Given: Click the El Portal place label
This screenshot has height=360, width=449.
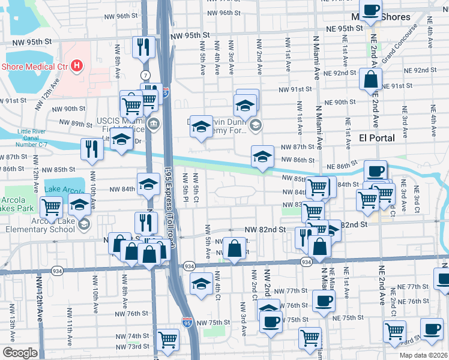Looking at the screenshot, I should coord(376,138).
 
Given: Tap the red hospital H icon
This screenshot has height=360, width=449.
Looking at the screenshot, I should coord(77,66).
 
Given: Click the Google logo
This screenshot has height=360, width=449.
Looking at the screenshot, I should coord(20,353).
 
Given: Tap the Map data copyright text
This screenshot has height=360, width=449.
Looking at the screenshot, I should coord(425,355).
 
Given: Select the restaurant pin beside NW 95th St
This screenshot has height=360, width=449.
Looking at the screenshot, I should coord(143,47).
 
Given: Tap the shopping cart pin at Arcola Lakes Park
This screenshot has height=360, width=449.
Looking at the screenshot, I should coord(52,208).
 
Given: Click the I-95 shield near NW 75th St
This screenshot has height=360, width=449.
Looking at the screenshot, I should coord(187,323).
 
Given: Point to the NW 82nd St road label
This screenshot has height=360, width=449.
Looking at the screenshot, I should coord(265,229).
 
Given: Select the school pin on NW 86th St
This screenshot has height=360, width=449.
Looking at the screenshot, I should coord(262,157).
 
